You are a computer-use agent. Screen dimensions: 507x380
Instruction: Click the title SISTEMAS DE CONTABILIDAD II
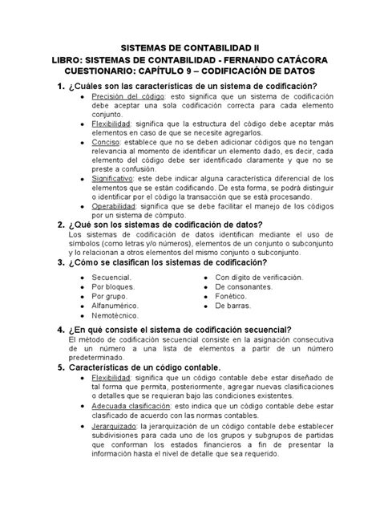[x=189, y=48]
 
